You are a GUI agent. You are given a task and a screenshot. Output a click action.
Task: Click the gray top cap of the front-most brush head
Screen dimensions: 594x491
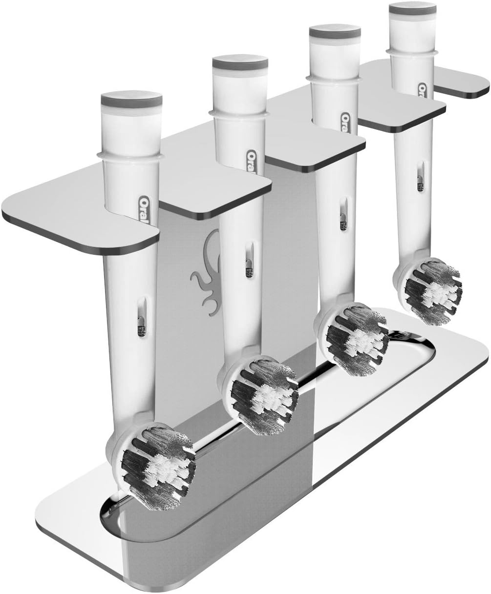pyautogui.click(x=131, y=100)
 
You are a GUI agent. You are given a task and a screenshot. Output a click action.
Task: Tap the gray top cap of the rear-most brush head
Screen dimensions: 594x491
pyautogui.click(x=412, y=8)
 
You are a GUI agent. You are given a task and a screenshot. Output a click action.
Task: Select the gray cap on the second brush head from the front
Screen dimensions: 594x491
pyautogui.click(x=240, y=62)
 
